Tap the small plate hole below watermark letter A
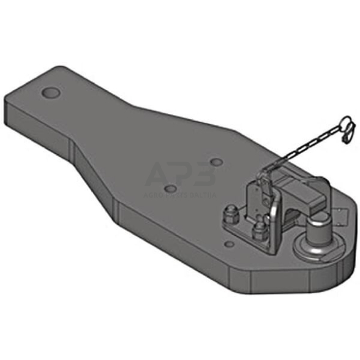click(173, 189)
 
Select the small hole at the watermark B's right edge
click(216, 163)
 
